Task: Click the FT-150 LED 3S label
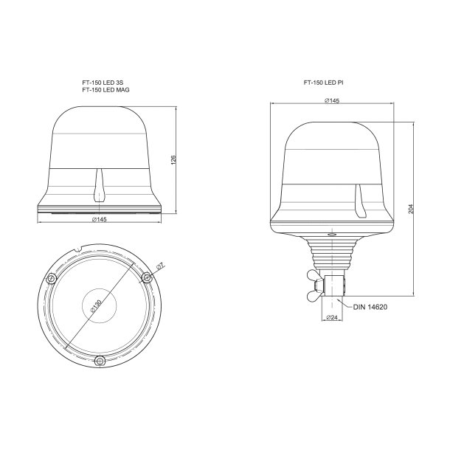(102, 83)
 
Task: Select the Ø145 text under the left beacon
(100, 221)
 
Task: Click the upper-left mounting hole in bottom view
(50, 277)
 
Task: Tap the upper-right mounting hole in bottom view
(148, 277)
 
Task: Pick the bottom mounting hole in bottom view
(99, 359)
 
